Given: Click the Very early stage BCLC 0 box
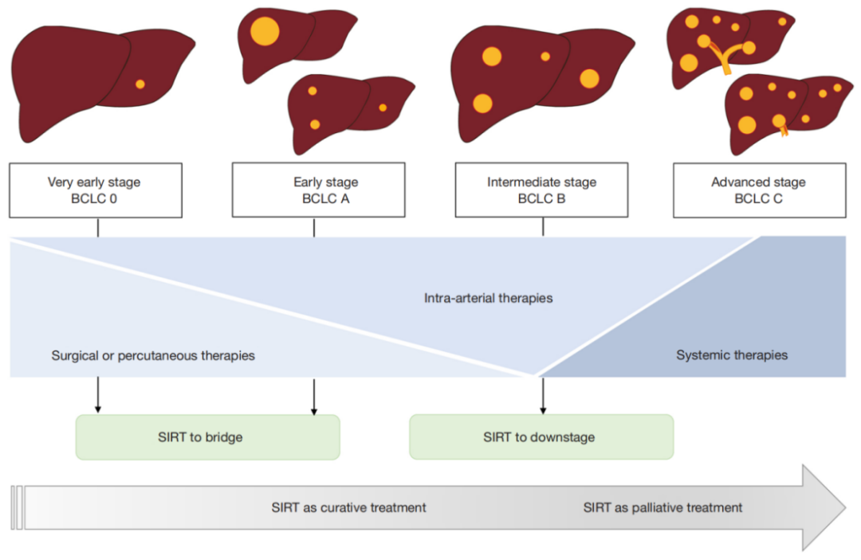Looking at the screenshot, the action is pos(96,190).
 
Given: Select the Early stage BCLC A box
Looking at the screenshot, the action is pos(318,190).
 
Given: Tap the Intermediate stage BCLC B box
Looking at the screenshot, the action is pos(541,190).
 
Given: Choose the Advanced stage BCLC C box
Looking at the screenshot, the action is pos(760,190).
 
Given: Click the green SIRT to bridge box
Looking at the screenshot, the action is pos(207,437).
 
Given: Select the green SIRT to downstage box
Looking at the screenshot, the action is pos(541,437).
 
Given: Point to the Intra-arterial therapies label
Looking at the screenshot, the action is pos(488,298).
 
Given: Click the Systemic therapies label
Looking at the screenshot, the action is pos(732,354).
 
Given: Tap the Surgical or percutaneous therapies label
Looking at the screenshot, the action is pos(153,355).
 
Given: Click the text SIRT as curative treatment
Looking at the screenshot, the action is pos(348,507).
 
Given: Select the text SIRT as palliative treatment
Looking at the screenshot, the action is pos(662,507).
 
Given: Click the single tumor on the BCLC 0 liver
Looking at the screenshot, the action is pos(140,84).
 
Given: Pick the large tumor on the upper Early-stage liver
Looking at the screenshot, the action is pos(265,31).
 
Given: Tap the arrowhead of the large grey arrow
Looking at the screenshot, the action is pos(824,507).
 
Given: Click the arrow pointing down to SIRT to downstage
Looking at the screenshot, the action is pos(543,395).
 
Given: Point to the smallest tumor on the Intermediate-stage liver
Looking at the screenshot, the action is pos(545,57).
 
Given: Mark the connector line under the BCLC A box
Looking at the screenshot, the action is pos(314,227).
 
